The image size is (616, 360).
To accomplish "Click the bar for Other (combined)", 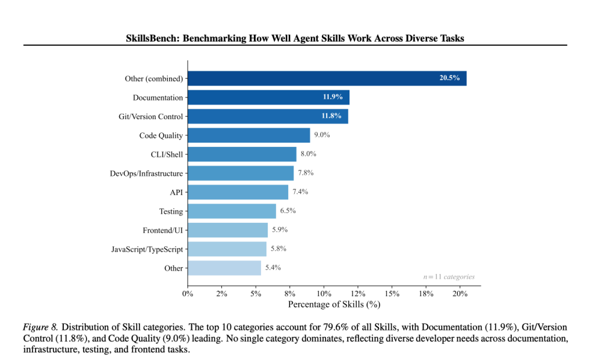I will (327, 78).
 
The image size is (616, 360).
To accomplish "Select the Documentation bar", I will (268, 98).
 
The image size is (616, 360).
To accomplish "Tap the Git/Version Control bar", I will (268, 116).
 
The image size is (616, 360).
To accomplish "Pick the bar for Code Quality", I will (248, 135).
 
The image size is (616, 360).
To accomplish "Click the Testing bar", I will (232, 211).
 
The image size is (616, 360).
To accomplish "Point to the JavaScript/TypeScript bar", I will (227, 249).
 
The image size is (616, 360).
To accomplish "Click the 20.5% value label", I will (449, 78).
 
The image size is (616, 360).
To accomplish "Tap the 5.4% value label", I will (273, 267).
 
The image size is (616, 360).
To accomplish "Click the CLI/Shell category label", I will (167, 154).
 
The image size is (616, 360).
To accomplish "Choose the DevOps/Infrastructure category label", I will (146, 173).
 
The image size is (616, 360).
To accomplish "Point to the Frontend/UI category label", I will (162, 230).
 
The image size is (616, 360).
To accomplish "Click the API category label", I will (176, 192).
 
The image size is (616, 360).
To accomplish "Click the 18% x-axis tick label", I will (426, 294).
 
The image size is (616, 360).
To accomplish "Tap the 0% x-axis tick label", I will (188, 294).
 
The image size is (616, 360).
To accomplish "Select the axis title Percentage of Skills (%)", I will (334, 305).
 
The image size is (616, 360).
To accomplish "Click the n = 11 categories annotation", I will (449, 277).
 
